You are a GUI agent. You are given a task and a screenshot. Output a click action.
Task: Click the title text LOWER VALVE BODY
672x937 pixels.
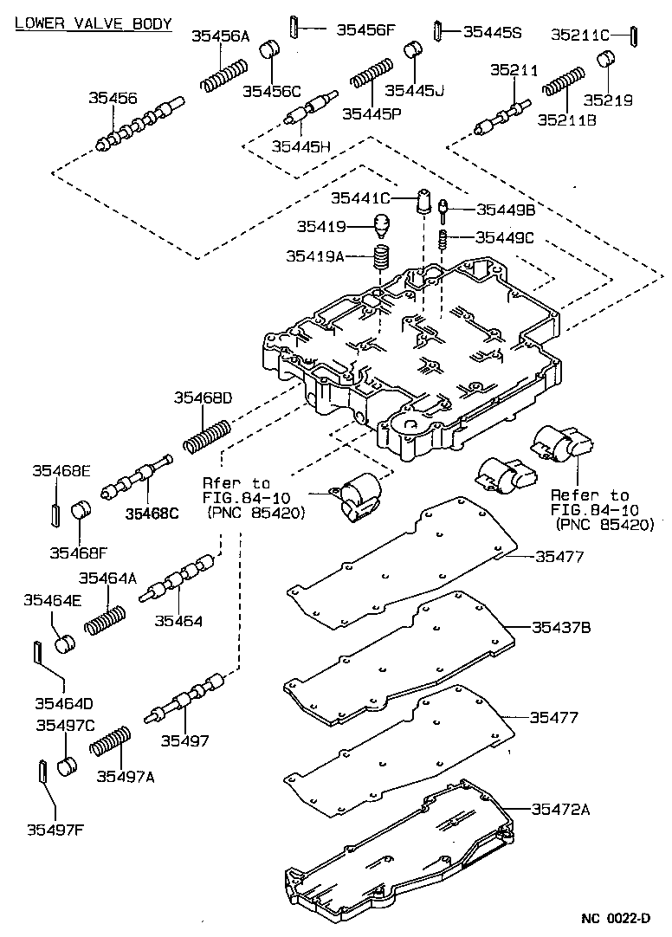click(94, 23)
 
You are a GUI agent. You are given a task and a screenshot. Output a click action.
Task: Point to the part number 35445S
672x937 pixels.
click(492, 32)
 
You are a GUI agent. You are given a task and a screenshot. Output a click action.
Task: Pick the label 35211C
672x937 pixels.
click(581, 35)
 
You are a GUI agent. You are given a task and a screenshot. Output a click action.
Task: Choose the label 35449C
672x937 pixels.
click(505, 237)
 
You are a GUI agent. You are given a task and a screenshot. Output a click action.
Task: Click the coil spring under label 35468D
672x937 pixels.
click(207, 434)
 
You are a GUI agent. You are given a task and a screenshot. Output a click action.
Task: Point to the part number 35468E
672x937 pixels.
click(61, 471)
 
